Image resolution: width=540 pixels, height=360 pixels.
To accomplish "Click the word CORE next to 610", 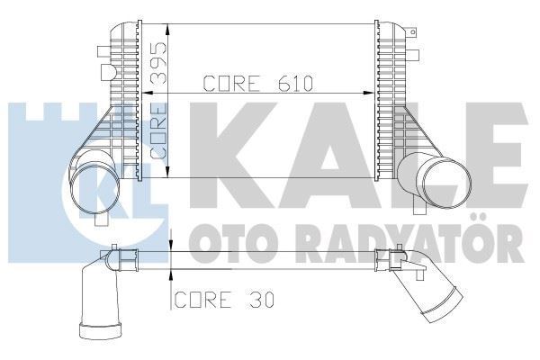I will (232, 85).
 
